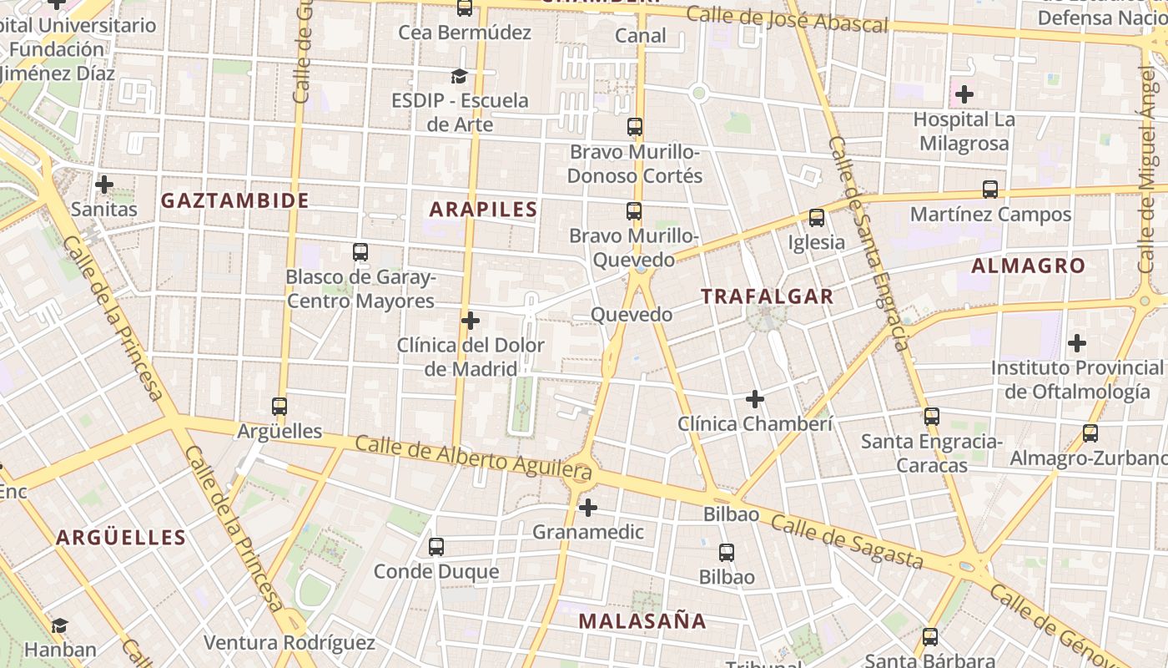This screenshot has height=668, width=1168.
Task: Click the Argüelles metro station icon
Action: click(279, 407)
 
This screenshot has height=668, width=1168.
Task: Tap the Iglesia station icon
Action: click(817, 218)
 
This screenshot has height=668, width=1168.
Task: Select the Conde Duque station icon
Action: click(435, 547)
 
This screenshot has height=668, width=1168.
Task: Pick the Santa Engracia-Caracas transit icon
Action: click(931, 416)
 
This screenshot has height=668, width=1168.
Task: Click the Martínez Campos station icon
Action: click(990, 190)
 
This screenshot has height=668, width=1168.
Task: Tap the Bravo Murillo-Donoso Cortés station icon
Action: click(635, 127)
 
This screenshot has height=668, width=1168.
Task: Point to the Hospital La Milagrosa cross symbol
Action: click(964, 94)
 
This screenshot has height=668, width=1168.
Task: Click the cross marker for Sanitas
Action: click(104, 185)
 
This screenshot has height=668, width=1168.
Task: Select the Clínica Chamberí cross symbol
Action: click(755, 399)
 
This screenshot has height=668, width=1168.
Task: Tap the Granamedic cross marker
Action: click(588, 507)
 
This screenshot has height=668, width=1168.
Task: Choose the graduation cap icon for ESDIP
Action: click(459, 77)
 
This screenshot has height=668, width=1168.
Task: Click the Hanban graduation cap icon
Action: click(59, 625)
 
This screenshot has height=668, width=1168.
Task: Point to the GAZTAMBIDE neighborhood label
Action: click(235, 200)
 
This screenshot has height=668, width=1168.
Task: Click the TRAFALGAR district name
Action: click(767, 296)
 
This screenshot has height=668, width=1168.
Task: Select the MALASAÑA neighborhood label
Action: click(642, 620)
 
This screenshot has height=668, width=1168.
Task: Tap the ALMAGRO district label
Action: click(1028, 266)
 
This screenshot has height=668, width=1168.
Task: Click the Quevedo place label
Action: click(632, 315)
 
